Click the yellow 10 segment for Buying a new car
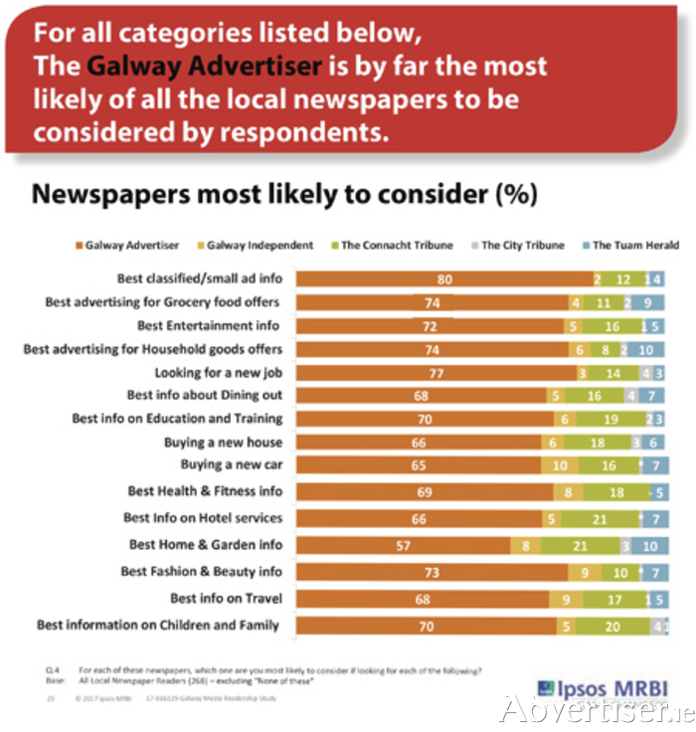pyautogui.click(x=562, y=464)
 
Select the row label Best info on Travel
pyautogui.click(x=226, y=599)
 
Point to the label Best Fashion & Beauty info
pyautogui.click(x=201, y=571)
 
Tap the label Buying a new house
pyautogui.click(x=223, y=442)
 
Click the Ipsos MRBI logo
pyautogui.click(x=601, y=687)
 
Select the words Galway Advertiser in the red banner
pyautogui.click(x=204, y=67)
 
